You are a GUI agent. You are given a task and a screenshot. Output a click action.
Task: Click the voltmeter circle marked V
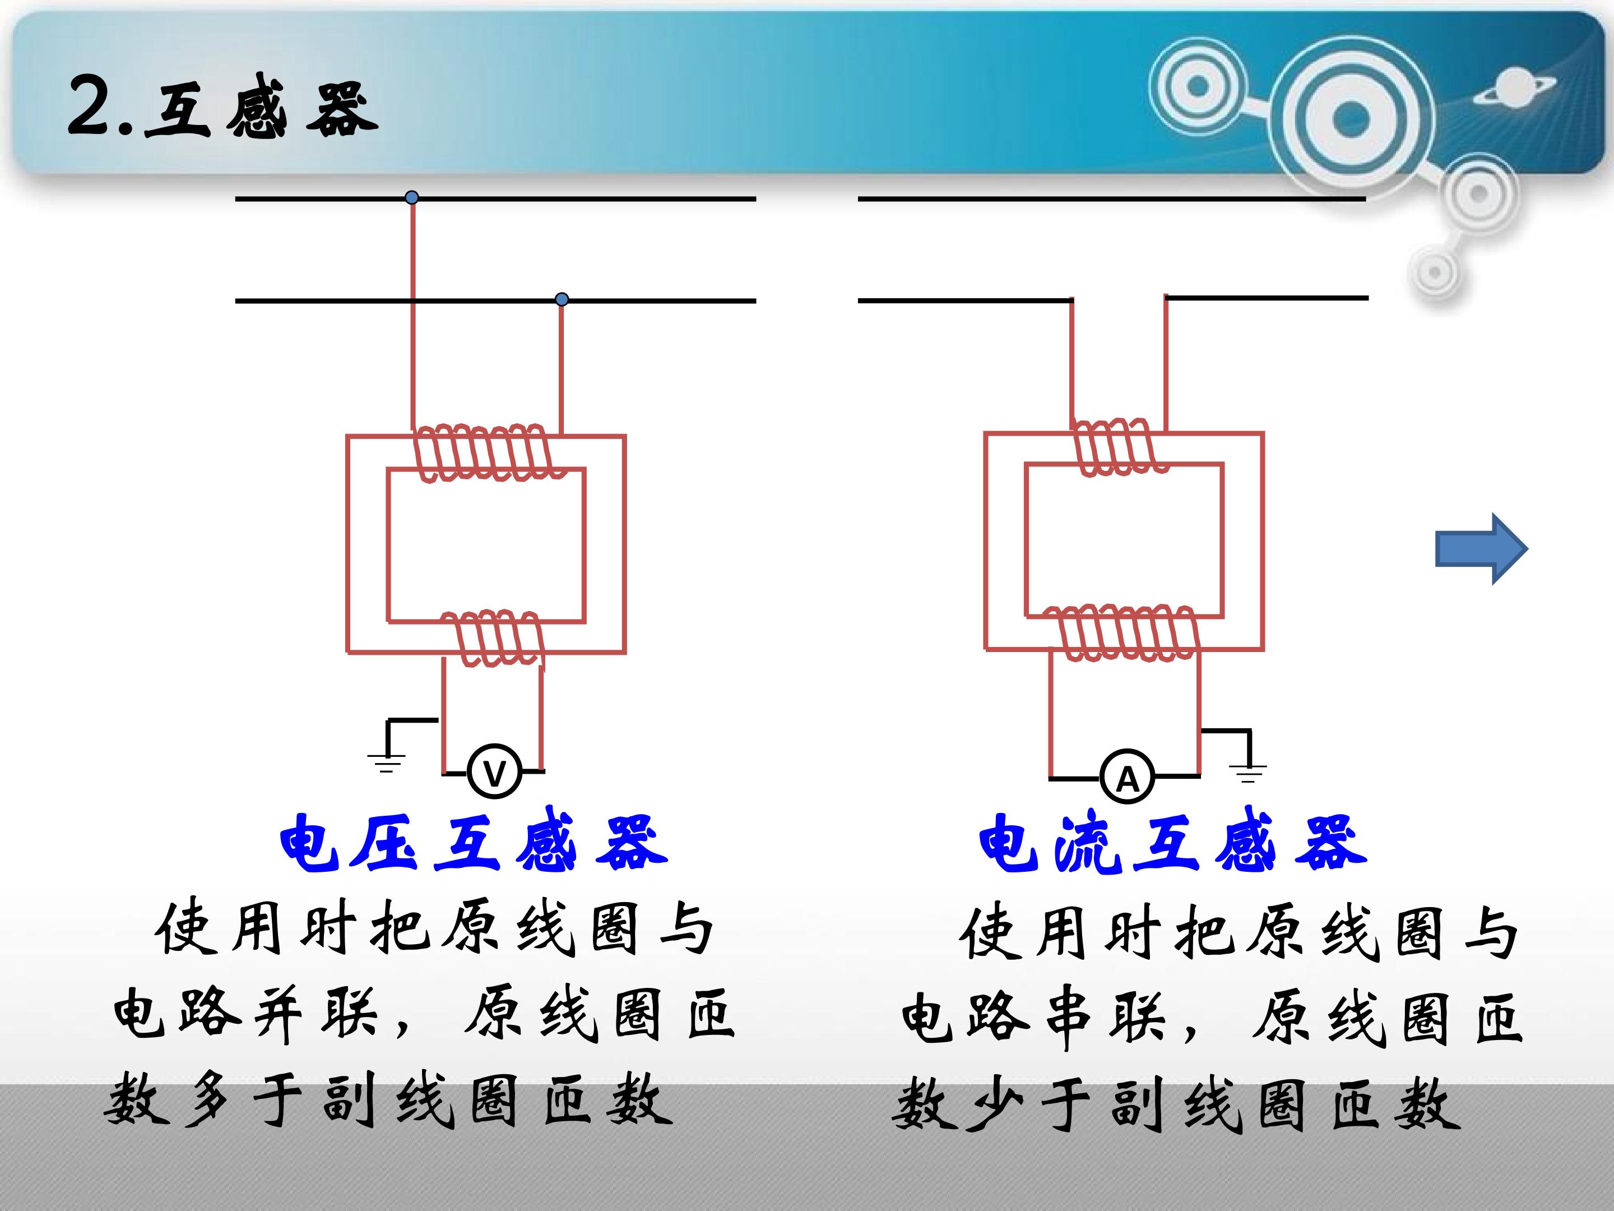click(x=495, y=771)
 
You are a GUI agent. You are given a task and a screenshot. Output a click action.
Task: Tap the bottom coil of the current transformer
click(x=1123, y=633)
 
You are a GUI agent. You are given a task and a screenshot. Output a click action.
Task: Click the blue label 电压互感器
click(x=474, y=843)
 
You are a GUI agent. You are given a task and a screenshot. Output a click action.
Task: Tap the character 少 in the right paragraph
click(x=997, y=1104)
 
